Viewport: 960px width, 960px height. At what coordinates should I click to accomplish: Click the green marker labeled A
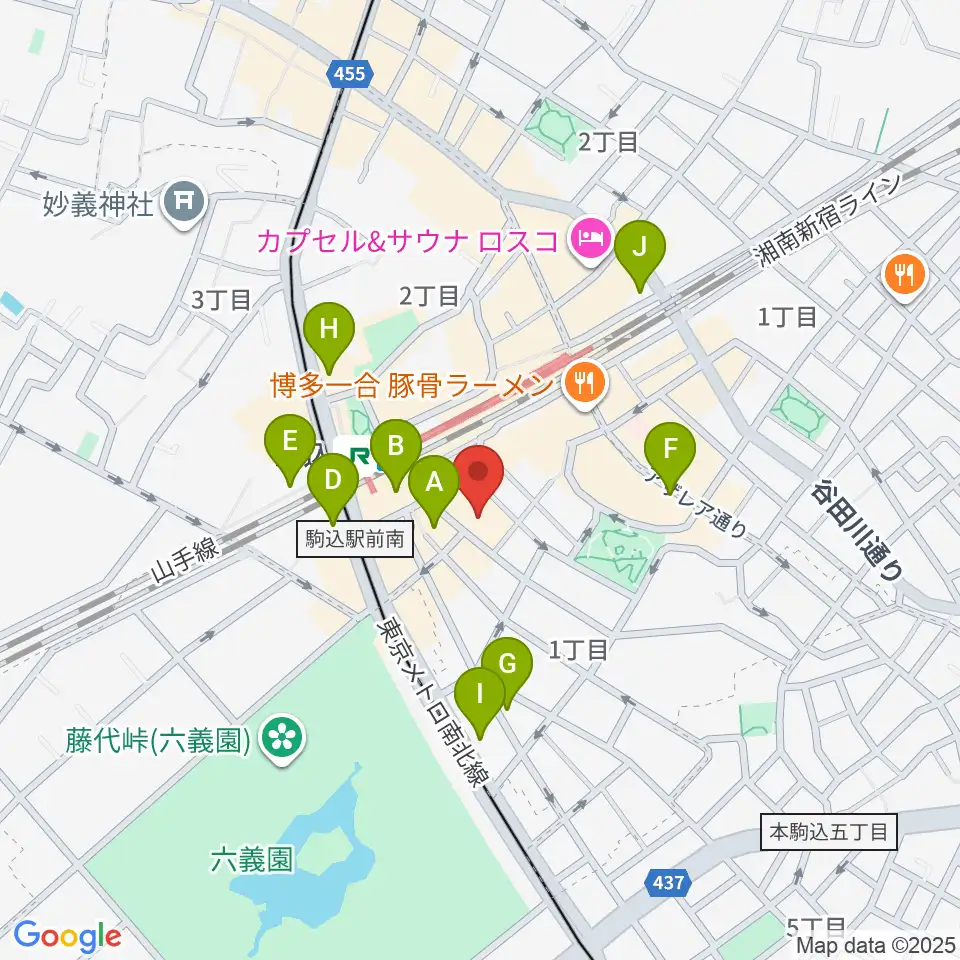tap(433, 484)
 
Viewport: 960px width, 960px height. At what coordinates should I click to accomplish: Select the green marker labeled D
tap(333, 482)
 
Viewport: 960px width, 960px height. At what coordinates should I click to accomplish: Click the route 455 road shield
tap(351, 73)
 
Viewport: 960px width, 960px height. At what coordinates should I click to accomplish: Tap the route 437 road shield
tap(669, 883)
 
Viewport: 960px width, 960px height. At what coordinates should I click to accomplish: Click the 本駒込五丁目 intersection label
tap(829, 830)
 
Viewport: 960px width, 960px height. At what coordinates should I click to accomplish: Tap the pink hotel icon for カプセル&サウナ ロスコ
tap(587, 239)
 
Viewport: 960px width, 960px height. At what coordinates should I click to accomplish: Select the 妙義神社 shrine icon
tap(185, 204)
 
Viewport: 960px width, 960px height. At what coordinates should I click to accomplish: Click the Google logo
tap(67, 936)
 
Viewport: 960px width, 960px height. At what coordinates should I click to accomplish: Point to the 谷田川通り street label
tap(858, 530)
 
